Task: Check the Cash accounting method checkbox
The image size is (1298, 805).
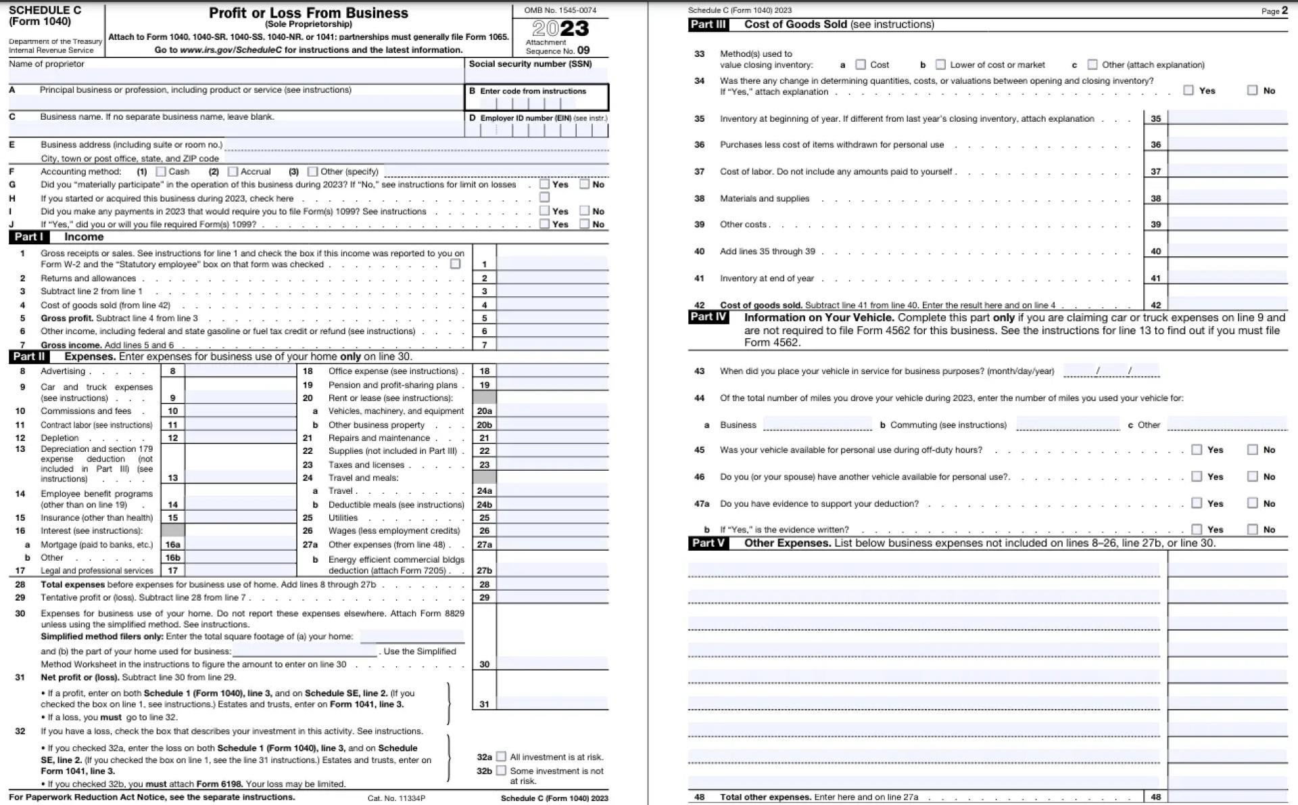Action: coord(161,172)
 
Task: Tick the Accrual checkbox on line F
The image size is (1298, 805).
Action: coord(233,172)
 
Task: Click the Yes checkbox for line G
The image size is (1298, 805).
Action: coord(545,184)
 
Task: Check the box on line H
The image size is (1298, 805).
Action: coord(545,198)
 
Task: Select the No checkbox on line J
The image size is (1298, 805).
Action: coord(585,224)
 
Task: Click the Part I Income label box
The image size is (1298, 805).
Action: coord(29,237)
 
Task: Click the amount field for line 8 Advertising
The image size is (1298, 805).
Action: coord(240,371)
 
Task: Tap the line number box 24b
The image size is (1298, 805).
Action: coord(484,505)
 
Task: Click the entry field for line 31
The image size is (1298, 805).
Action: coord(552,704)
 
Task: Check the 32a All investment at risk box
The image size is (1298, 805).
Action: coord(501,757)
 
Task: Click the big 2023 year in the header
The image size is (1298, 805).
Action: coord(560,28)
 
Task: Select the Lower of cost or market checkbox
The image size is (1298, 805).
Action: coord(940,65)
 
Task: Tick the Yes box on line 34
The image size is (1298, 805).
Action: coord(1188,90)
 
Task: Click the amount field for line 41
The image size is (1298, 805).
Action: coord(1228,277)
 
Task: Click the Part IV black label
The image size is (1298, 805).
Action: coord(708,317)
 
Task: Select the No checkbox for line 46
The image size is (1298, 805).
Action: coord(1253,476)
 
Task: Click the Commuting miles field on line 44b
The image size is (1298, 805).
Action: coord(1067,424)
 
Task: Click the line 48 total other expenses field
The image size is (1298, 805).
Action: coord(1228,796)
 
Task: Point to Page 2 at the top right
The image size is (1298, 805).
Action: coord(1274,10)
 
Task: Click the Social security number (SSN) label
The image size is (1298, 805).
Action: coord(530,64)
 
